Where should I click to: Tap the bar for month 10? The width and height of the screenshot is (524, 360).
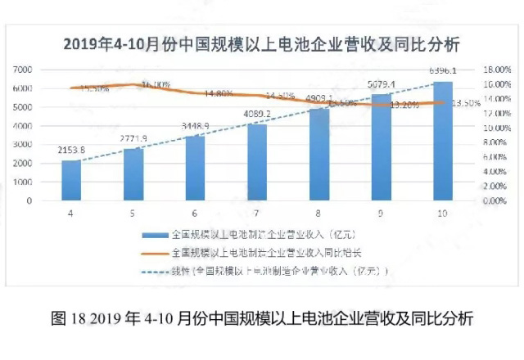(x=442, y=141)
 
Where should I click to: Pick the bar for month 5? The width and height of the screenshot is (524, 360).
(x=133, y=174)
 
